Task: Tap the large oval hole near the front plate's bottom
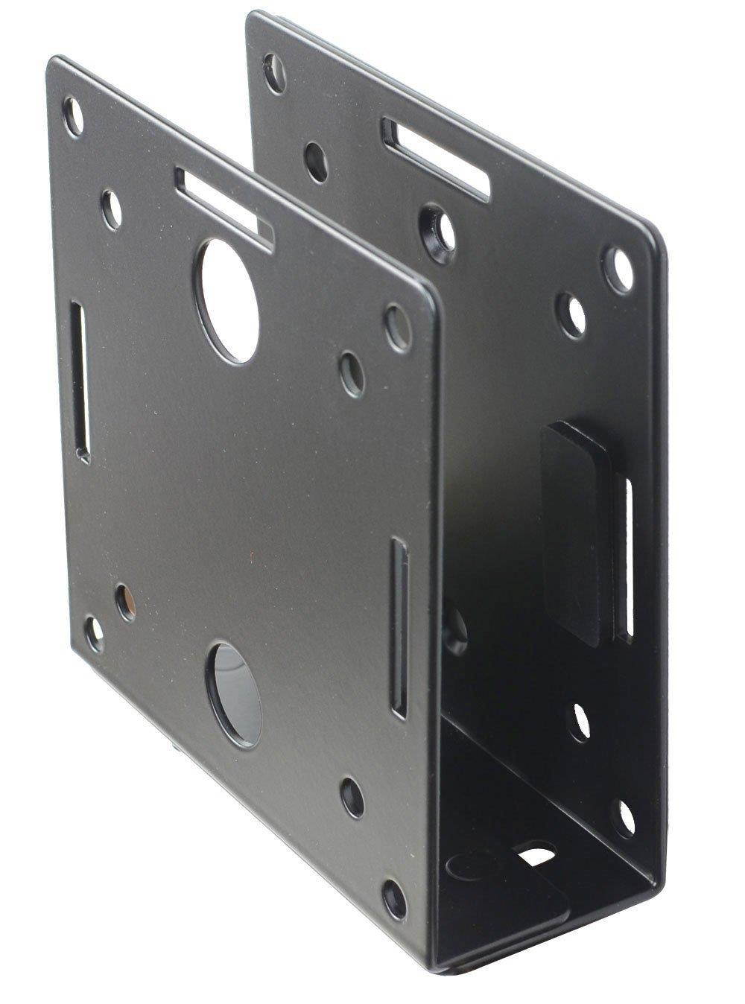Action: coord(237,694)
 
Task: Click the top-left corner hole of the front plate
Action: coord(74,116)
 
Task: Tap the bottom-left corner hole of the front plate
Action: coord(95,632)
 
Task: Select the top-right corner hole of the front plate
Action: coord(396,321)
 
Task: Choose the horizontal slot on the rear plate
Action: coord(437,156)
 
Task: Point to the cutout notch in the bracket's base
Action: coord(538,854)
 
